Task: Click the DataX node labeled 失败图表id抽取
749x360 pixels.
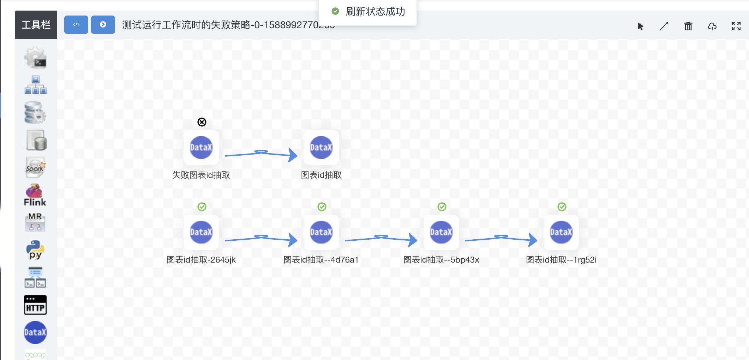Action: [x=201, y=148]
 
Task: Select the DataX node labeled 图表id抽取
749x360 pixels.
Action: [x=321, y=148]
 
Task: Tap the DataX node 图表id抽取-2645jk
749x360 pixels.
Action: [x=201, y=232]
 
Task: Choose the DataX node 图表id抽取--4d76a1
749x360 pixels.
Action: [x=321, y=232]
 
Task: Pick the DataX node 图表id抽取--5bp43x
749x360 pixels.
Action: [x=441, y=232]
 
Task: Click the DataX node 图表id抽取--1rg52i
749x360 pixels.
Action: [x=561, y=232]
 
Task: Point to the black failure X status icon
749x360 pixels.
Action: [x=202, y=122]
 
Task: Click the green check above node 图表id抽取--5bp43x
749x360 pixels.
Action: [x=442, y=207]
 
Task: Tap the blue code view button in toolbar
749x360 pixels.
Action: [x=76, y=25]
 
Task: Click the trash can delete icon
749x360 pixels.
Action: [x=688, y=26]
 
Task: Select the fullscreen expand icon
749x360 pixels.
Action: [x=736, y=26]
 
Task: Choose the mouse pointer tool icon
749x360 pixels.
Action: [x=640, y=26]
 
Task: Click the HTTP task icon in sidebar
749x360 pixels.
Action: [x=35, y=305]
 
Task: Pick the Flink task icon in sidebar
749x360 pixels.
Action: [x=35, y=195]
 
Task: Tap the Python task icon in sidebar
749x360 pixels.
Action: [x=35, y=250]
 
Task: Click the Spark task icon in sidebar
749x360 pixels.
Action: [x=35, y=167]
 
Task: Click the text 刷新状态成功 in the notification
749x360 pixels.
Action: [x=375, y=12]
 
